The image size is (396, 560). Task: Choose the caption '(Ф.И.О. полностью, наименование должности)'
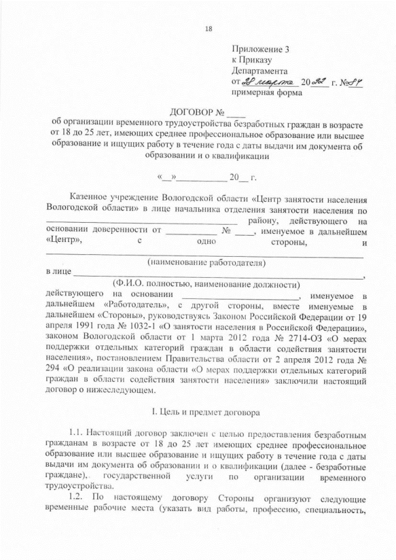(207, 283)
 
